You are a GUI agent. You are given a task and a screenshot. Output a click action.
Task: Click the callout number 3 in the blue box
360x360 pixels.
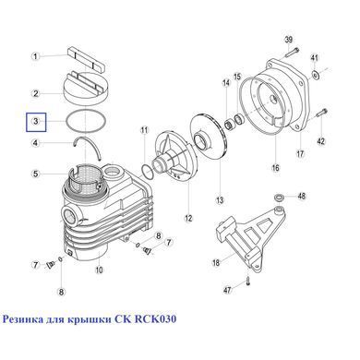[36, 121]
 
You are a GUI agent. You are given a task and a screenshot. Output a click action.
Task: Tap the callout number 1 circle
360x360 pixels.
[36, 56]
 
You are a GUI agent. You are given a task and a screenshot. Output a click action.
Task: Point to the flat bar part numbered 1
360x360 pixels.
[86, 58]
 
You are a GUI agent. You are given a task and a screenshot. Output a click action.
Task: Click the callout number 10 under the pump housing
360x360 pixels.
[99, 270]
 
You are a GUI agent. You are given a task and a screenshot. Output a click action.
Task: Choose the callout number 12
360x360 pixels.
[188, 218]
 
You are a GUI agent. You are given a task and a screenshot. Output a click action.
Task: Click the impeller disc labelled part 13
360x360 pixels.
[207, 137]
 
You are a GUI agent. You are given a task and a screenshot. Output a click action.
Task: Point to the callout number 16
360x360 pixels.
[276, 168]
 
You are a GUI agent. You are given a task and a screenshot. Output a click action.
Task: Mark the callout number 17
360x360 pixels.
[300, 153]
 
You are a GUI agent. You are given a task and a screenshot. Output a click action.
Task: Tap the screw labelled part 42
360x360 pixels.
[321, 114]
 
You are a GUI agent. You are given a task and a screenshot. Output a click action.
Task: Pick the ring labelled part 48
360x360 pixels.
[280, 198]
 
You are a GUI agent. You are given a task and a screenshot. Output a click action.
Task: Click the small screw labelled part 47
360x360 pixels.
[248, 281]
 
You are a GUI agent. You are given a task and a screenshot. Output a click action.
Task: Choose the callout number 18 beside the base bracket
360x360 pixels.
[216, 263]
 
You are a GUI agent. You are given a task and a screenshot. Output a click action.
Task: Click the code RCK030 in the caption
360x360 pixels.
[155, 319]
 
